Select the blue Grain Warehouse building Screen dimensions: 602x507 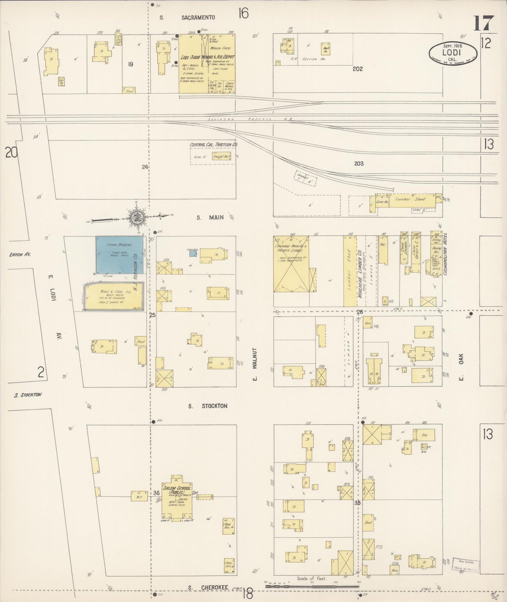120,255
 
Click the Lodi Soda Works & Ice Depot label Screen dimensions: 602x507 207,57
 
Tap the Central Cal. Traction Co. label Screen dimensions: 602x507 213,145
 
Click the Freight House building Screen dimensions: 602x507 221,157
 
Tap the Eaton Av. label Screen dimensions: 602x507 20,254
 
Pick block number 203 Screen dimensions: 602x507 359,163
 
